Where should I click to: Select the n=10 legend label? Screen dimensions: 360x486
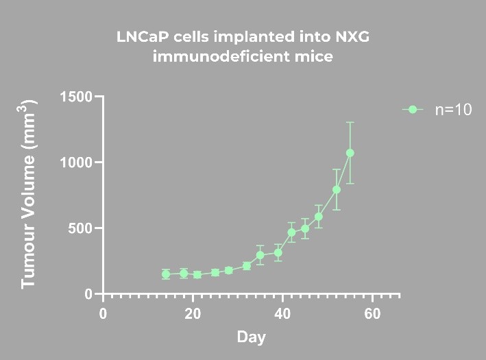pos(453,110)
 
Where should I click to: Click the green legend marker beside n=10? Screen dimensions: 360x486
pos(412,110)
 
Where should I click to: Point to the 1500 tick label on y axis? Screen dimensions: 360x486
pos(76,97)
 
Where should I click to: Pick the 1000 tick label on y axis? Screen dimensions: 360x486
pos(76,163)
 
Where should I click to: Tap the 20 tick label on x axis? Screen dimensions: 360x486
pos(192,314)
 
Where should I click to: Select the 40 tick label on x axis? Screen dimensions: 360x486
pos(282,314)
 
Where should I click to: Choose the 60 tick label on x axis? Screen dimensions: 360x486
pos(372,314)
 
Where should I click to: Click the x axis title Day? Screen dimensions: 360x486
pos(251,337)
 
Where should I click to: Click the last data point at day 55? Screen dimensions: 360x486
pos(350,153)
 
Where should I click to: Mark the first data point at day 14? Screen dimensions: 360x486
pos(166,274)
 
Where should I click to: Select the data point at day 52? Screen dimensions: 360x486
pos(337,189)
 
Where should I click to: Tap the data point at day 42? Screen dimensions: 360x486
pos(291,232)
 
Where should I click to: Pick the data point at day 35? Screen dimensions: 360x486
pos(260,255)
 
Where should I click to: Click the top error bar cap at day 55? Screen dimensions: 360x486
pos(350,123)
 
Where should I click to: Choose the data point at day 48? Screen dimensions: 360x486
pos(319,217)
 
